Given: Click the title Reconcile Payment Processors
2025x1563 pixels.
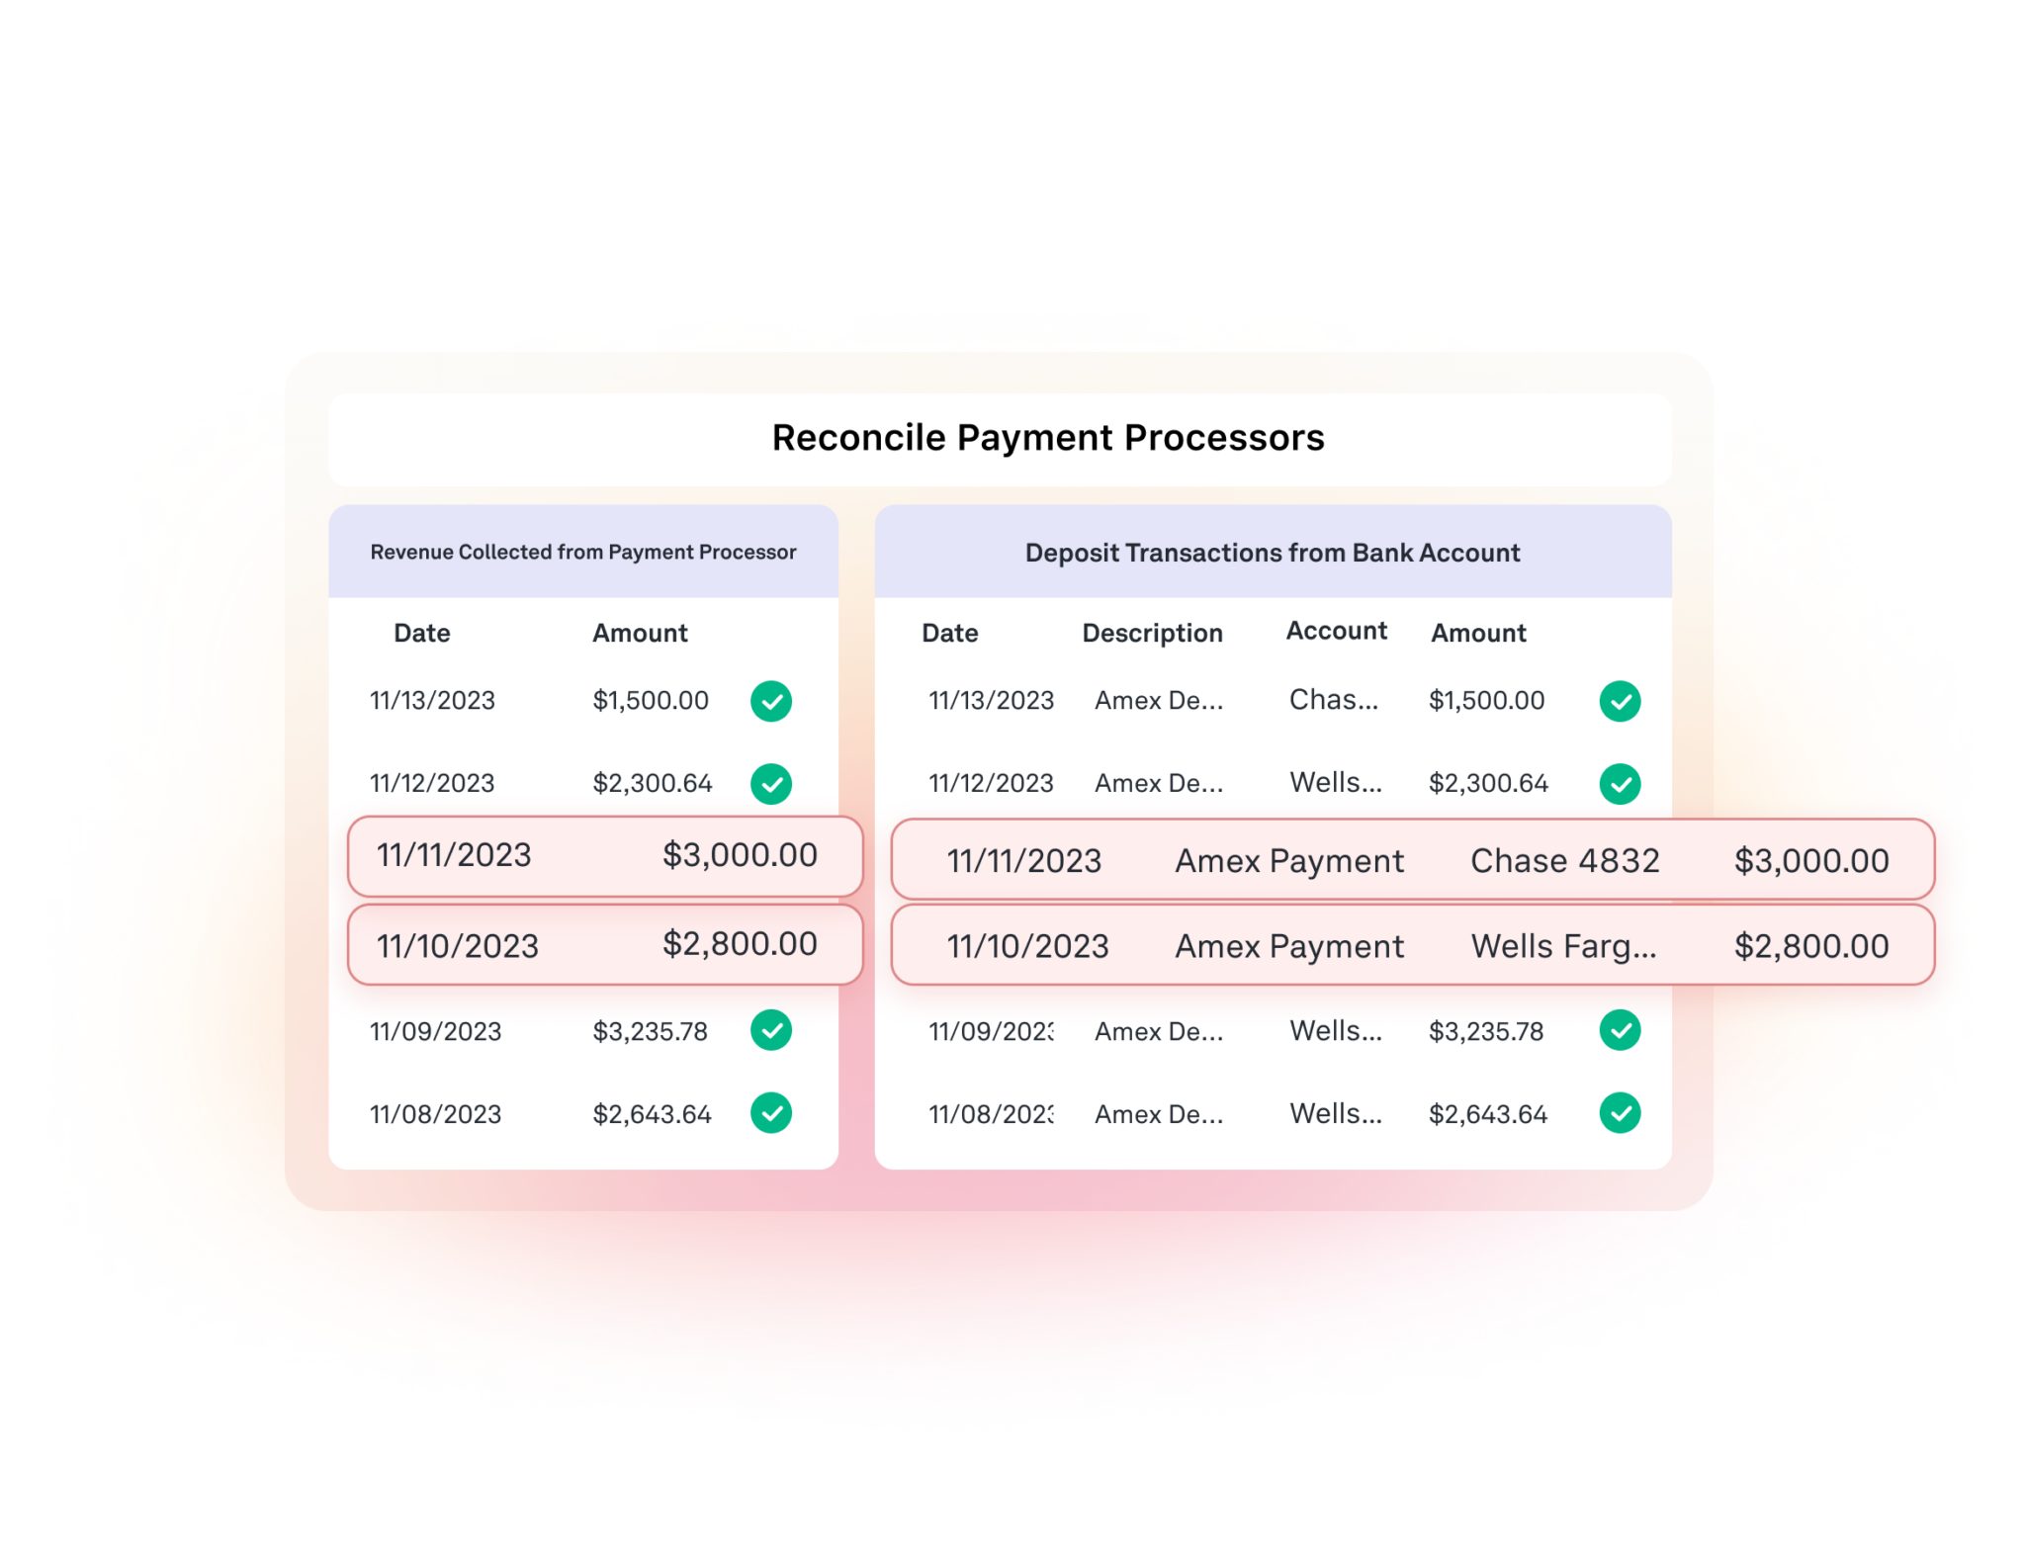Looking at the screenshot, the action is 1047,438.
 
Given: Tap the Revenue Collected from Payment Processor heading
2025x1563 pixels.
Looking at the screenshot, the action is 582,552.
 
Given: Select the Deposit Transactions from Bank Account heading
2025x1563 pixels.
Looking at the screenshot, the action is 1272,553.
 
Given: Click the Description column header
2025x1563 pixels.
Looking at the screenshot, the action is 1152,633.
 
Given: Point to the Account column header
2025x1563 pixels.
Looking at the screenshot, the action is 1336,631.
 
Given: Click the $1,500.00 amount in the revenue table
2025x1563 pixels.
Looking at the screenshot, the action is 650,701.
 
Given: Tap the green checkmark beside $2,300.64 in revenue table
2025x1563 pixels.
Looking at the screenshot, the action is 770,784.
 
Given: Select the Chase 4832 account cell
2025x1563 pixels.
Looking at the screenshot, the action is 1564,861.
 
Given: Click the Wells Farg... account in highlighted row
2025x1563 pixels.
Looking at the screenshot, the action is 1563,946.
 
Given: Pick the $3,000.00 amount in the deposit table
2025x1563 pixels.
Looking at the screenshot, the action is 1810,861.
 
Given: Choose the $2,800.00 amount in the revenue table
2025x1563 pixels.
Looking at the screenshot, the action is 740,944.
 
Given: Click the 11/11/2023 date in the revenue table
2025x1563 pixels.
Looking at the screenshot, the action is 454,855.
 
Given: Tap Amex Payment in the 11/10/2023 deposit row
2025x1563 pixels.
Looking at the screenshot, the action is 1288,946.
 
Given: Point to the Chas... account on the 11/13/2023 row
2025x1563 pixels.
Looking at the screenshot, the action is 1333,700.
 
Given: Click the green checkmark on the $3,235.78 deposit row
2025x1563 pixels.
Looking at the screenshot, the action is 1620,1030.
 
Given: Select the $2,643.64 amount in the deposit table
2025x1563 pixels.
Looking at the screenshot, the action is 1487,1114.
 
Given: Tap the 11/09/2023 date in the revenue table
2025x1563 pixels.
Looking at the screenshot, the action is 435,1031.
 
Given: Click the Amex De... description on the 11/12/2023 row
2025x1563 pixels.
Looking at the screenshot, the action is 1158,784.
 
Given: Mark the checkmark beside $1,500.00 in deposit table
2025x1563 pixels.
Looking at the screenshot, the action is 1620,701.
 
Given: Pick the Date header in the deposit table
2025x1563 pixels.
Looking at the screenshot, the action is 949,633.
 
